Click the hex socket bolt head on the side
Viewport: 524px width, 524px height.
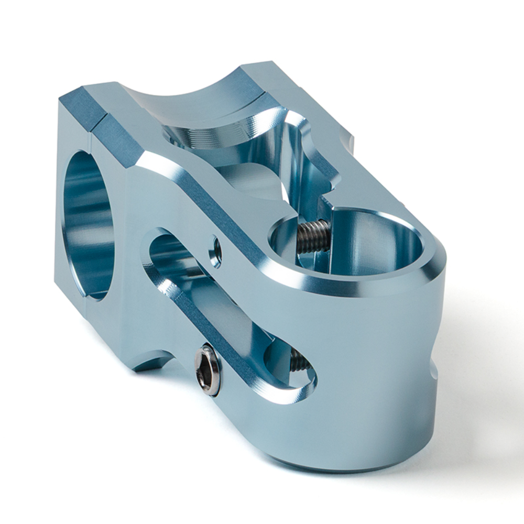(209, 370)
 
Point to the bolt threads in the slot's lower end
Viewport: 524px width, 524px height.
(297, 361)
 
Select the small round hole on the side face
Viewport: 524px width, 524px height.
(215, 251)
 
